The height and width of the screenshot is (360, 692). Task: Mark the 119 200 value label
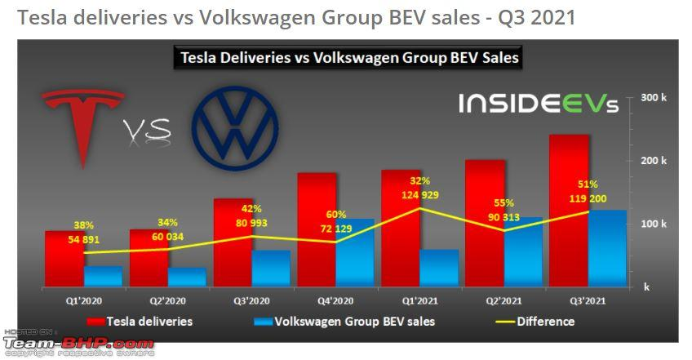[x=588, y=198]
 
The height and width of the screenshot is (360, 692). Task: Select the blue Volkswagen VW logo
[x=235, y=131]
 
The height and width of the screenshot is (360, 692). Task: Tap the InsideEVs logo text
[x=538, y=104]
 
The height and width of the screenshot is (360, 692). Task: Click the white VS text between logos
[x=148, y=129]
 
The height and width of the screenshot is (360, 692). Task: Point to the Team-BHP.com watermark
[x=78, y=344]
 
